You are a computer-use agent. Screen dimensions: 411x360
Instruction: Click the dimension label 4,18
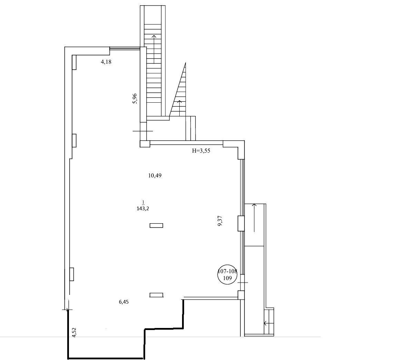click(106, 62)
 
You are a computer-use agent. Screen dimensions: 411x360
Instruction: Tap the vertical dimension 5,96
click(135, 99)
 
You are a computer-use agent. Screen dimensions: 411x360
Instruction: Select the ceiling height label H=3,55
click(201, 151)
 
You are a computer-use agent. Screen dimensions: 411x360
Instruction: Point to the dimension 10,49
click(155, 175)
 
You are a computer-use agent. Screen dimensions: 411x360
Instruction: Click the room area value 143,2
click(143, 209)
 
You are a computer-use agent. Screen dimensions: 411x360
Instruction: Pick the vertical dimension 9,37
click(220, 221)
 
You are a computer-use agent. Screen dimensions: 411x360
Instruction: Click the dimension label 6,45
click(124, 302)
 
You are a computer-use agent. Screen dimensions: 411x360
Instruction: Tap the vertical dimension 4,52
click(74, 332)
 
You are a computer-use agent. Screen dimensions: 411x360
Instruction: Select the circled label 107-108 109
click(227, 275)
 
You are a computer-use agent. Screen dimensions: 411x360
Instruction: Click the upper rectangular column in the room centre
click(156, 225)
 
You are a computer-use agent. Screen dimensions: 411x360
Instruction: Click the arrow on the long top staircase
click(154, 49)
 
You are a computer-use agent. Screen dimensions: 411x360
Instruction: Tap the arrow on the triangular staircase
click(179, 108)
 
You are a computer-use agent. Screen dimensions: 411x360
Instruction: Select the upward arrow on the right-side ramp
click(254, 218)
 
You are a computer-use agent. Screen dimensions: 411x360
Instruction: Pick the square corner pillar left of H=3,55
click(145, 144)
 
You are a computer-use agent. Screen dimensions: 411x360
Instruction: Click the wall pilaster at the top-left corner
click(74, 62)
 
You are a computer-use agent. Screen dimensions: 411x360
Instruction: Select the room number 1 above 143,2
click(143, 202)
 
